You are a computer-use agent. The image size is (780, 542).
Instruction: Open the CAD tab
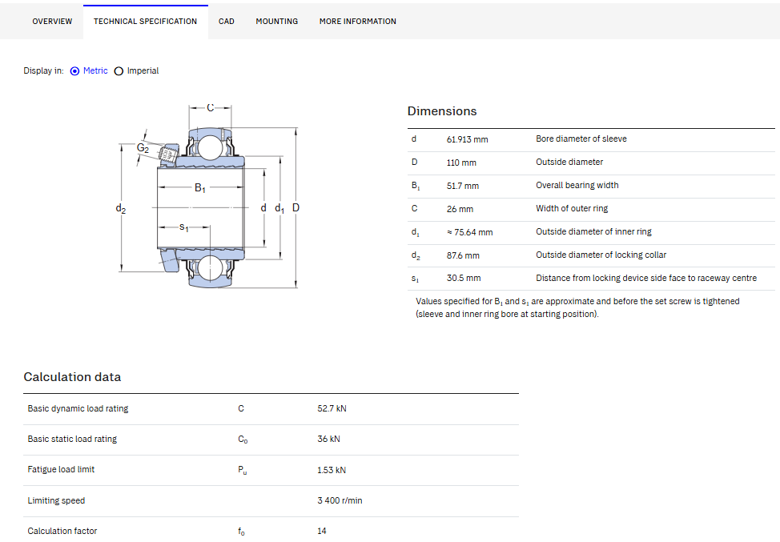click(227, 22)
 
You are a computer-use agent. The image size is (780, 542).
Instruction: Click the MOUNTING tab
click(276, 22)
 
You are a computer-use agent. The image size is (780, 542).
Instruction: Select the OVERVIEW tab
click(52, 22)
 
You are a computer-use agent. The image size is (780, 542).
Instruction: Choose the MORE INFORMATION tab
click(358, 22)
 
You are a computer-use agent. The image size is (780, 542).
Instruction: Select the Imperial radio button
click(119, 71)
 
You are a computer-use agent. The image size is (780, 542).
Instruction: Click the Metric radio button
click(74, 71)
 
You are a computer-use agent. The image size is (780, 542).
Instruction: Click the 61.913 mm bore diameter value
click(467, 139)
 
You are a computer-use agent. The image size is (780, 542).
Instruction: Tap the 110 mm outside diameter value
click(461, 163)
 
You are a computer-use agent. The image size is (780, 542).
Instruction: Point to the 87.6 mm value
click(463, 255)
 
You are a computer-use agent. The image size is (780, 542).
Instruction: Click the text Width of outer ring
click(572, 208)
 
